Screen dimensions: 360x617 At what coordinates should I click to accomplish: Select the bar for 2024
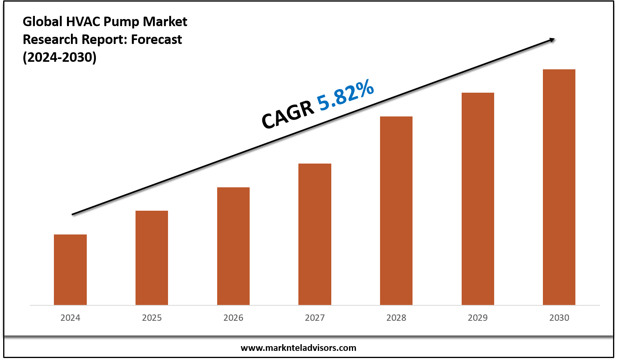(70, 269)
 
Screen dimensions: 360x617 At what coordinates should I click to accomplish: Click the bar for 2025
(152, 257)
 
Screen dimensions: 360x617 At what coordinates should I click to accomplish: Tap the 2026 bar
(233, 246)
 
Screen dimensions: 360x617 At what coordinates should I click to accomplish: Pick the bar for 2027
(315, 234)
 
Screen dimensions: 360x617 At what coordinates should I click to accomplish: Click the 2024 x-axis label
(70, 318)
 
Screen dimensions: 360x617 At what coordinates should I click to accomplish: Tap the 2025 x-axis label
(152, 318)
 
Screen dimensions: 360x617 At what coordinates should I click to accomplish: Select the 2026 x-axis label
(233, 318)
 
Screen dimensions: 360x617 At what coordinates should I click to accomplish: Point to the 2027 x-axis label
(315, 318)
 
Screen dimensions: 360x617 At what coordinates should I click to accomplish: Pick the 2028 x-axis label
(396, 318)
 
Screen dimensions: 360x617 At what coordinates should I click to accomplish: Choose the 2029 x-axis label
(478, 318)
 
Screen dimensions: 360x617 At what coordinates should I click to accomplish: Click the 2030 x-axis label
(559, 318)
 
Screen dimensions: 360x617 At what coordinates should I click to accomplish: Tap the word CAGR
(287, 115)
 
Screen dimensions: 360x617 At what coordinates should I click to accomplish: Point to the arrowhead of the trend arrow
(551, 40)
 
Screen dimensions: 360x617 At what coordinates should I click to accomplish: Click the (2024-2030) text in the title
(59, 57)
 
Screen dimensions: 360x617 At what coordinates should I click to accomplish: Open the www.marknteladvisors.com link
(298, 348)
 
